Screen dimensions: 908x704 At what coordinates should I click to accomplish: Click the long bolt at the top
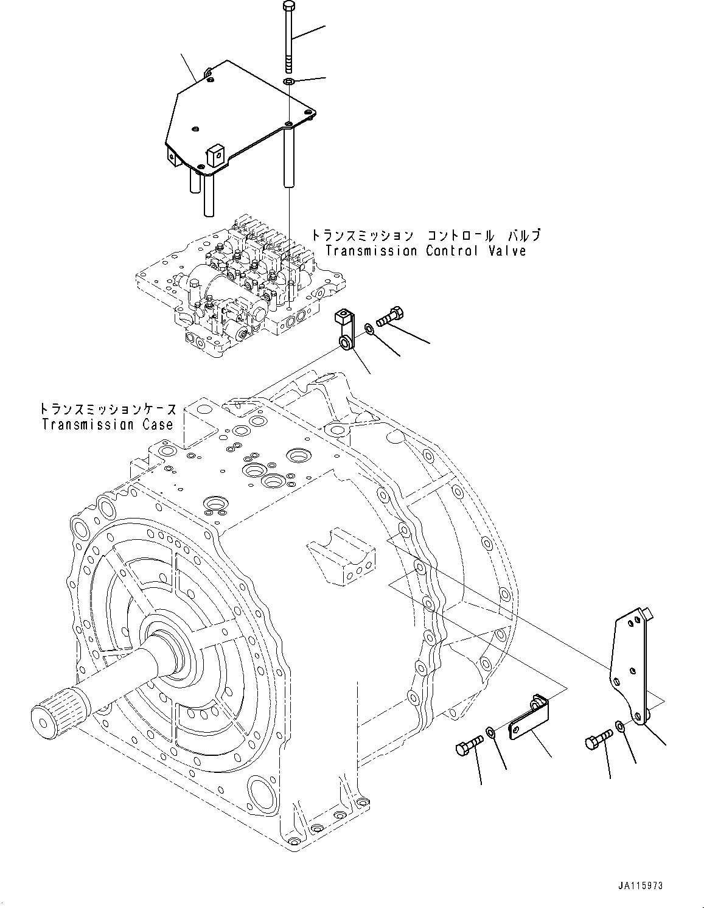[289, 37]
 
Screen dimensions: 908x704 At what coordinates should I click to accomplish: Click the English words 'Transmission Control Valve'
[425, 251]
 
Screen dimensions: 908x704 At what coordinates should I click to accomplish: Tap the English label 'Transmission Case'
[108, 424]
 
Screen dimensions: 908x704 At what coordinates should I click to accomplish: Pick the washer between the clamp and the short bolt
[369, 330]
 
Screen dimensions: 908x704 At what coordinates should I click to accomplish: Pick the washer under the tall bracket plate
[619, 725]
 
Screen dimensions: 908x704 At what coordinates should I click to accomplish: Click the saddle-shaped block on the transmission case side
[343, 560]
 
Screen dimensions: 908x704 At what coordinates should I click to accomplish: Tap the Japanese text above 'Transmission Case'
[108, 408]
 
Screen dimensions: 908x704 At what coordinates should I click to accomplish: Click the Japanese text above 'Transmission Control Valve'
[425, 235]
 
